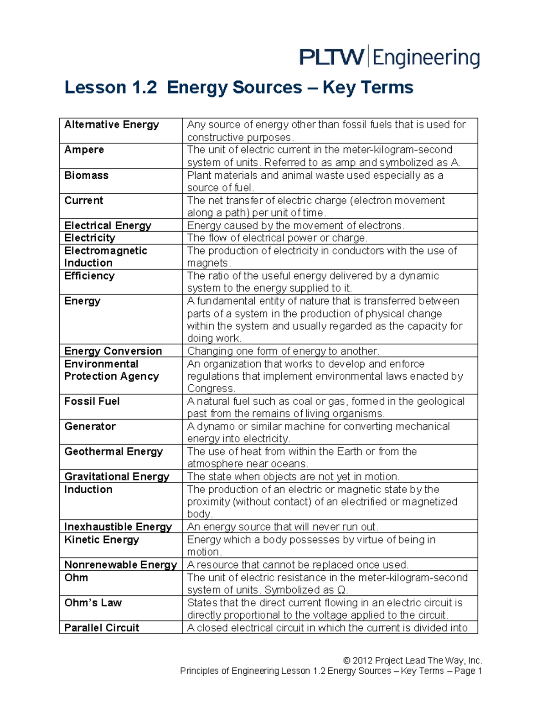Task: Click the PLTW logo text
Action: (x=331, y=58)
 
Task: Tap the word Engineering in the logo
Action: (x=426, y=59)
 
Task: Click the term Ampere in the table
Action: (x=84, y=150)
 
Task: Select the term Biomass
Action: (x=87, y=176)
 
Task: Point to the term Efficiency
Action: (x=89, y=276)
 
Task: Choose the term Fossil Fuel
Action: (x=92, y=401)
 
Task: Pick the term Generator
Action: (x=90, y=426)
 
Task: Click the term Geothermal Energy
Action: (x=114, y=451)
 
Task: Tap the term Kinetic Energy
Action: (x=102, y=540)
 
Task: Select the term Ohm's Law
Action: (x=93, y=603)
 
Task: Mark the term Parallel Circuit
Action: (x=102, y=628)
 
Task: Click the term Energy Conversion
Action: (x=113, y=351)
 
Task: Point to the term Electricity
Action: (x=90, y=238)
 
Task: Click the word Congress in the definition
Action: (x=211, y=388)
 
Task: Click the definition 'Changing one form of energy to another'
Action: (x=283, y=351)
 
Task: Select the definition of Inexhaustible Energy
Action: (x=283, y=527)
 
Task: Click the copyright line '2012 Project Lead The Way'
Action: (x=413, y=661)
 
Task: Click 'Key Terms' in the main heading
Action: (x=368, y=88)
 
